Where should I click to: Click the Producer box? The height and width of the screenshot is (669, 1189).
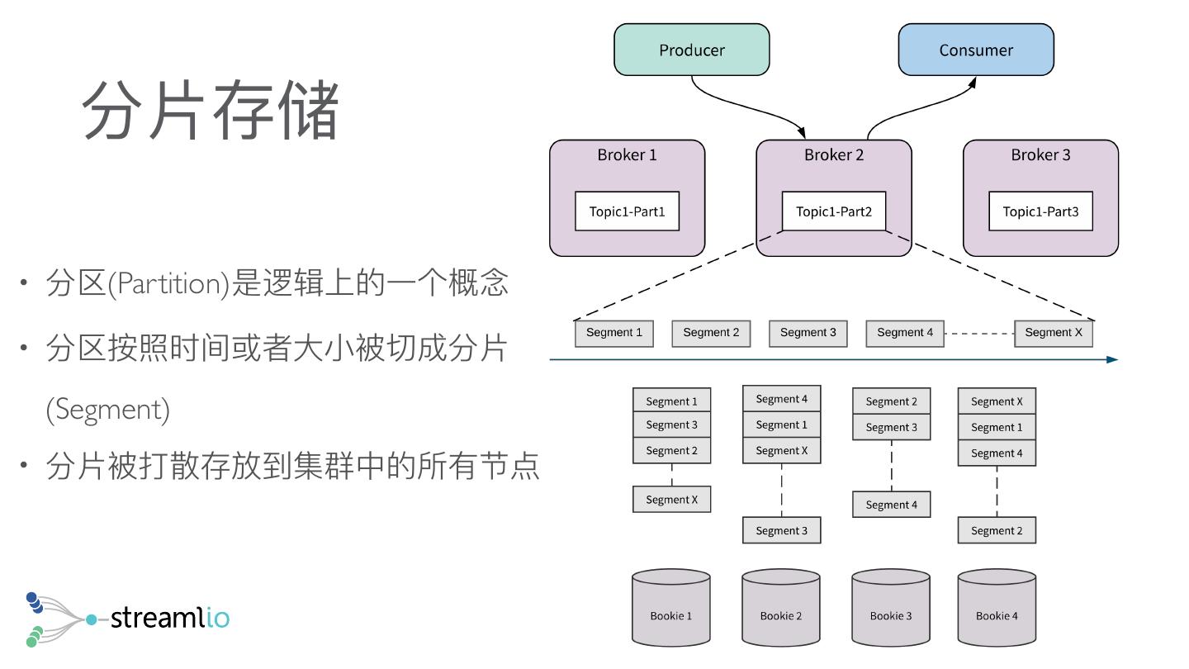coord(692,50)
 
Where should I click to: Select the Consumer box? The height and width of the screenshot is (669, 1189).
coord(976,50)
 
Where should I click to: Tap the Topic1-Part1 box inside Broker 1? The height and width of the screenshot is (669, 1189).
coord(627,211)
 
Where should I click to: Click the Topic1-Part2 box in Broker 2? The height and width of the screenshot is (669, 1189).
coord(834,211)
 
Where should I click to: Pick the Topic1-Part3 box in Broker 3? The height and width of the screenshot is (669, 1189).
coord(1040,211)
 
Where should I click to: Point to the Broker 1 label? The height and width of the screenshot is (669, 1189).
coord(627,155)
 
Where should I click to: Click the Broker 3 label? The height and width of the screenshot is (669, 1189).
coord(1040,155)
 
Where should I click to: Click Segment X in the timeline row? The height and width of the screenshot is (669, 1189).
coord(1053,333)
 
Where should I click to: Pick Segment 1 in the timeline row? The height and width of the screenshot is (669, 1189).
coord(614,333)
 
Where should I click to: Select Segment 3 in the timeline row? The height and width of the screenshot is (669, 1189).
coord(808,333)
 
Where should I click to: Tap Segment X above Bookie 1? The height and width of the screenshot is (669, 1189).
coord(671,500)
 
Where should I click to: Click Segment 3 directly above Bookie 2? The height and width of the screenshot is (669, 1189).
coord(782,530)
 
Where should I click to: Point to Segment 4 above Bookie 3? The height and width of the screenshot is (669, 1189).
coord(891,505)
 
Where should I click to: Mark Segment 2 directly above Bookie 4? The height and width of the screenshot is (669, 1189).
coord(997,530)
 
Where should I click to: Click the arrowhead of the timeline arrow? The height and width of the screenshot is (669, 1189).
coord(1112,359)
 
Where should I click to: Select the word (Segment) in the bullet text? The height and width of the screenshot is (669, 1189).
coord(107,410)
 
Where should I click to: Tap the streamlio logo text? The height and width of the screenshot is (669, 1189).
coord(169,618)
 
